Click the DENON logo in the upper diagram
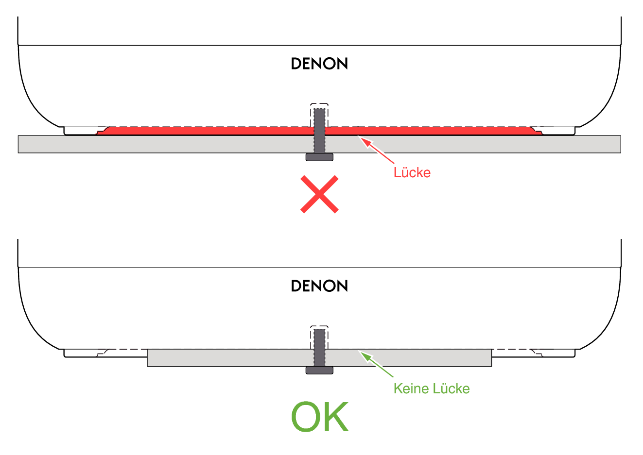click(x=319, y=64)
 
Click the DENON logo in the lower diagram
click(x=319, y=286)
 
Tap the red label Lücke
click(x=412, y=172)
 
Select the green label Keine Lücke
click(x=431, y=388)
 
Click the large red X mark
click(x=319, y=194)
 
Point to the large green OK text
click(x=319, y=417)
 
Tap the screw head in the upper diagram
click(x=319, y=157)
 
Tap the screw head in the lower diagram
click(x=319, y=371)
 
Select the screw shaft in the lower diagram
click(x=319, y=347)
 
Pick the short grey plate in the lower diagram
click(x=219, y=358)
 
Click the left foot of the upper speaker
click(x=80, y=131)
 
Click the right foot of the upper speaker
click(x=559, y=131)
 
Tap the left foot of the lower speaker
click(x=80, y=353)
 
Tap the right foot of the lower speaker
click(x=559, y=353)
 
